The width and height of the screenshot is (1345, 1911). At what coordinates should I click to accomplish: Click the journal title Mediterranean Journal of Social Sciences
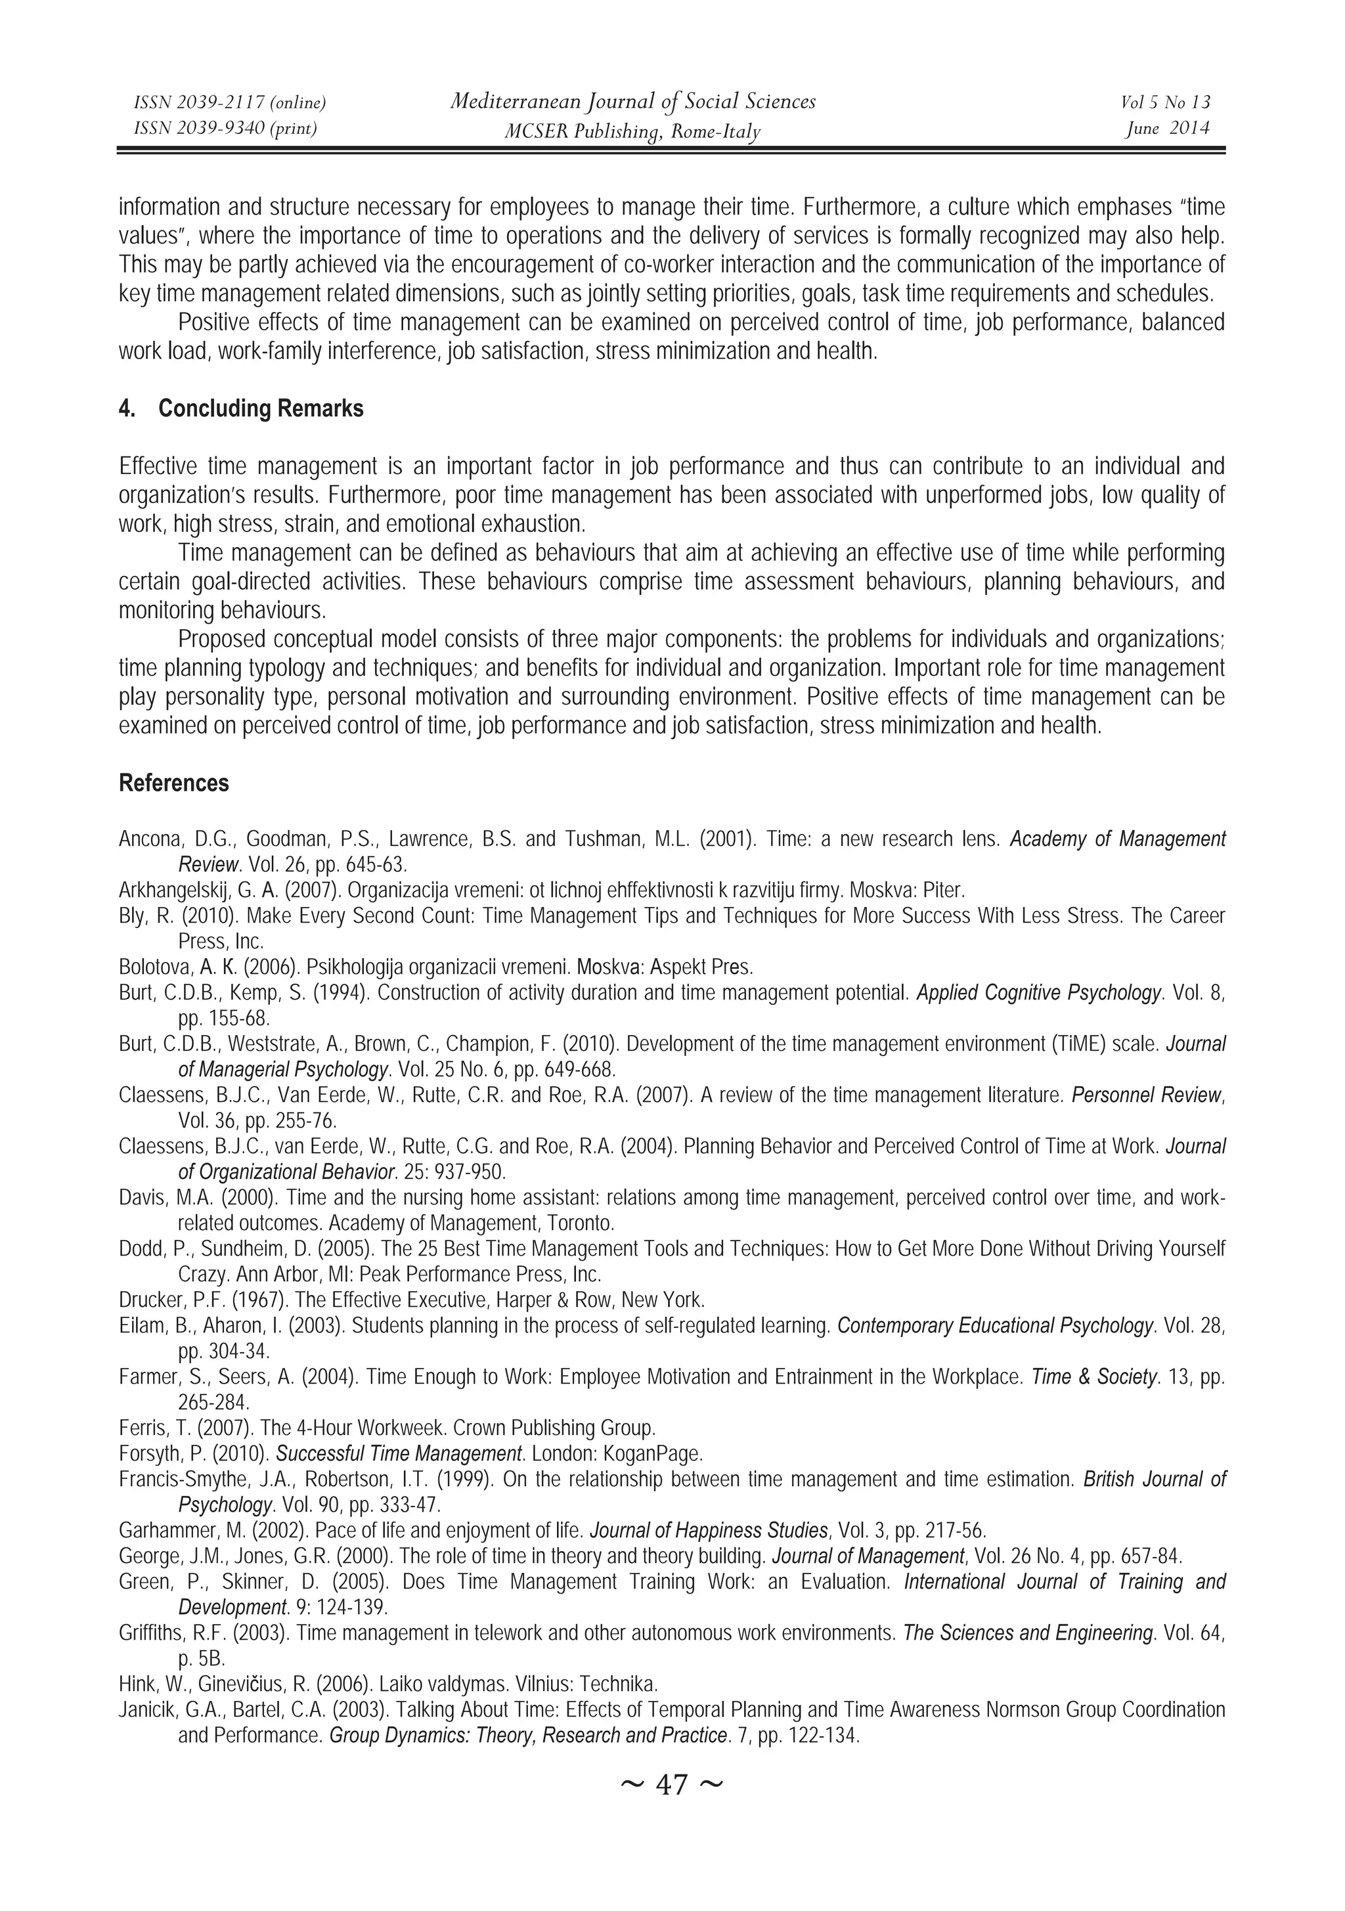tap(632, 102)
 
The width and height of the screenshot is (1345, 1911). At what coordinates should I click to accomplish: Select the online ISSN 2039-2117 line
tap(230, 102)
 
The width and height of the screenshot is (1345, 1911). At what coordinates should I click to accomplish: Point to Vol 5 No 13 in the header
tap(1165, 102)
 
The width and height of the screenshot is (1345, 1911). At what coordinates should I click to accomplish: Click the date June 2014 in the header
tap(1167, 128)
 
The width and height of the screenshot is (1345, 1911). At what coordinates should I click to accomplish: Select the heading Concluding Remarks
tap(261, 408)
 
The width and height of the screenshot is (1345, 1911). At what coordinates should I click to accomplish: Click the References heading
tap(174, 783)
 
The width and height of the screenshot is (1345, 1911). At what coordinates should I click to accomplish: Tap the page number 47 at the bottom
tap(672, 1807)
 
